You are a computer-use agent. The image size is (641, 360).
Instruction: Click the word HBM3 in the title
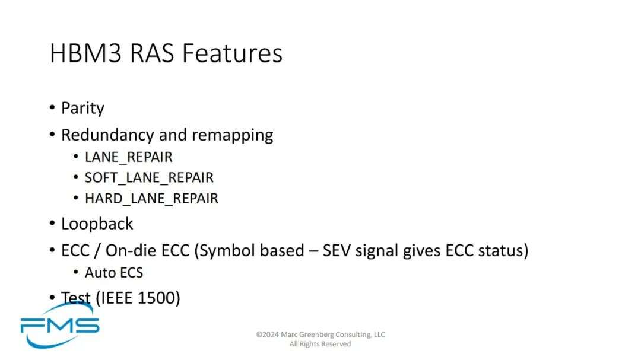click(x=86, y=53)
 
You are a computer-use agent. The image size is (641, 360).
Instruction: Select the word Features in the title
click(x=232, y=53)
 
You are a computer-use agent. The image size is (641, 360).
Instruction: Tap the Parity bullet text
click(x=82, y=109)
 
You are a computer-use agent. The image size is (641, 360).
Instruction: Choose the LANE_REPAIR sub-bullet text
click(x=128, y=157)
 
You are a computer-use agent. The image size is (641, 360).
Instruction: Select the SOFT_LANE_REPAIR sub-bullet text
click(x=149, y=178)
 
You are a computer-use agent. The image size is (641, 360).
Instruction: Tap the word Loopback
click(x=97, y=224)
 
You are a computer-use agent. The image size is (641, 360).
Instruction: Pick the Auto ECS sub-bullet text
click(x=113, y=273)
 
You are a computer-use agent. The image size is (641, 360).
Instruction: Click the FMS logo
click(x=60, y=326)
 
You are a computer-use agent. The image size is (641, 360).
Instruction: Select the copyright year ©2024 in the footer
click(x=267, y=334)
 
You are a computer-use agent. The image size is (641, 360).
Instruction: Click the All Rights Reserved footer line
click(x=320, y=344)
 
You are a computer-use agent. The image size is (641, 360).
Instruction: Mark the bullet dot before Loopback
click(x=52, y=224)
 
